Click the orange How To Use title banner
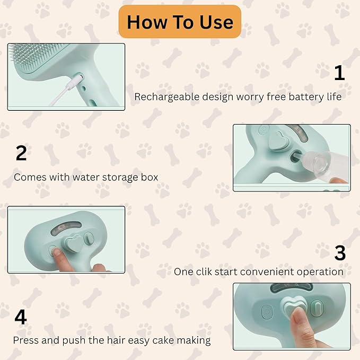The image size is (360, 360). (x=180, y=22)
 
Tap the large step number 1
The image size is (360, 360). (x=339, y=73)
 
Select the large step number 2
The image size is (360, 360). (x=21, y=153)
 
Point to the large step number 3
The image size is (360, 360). (x=339, y=253)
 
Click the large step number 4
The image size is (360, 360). (x=20, y=317)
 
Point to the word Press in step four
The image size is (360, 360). (x=25, y=340)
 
